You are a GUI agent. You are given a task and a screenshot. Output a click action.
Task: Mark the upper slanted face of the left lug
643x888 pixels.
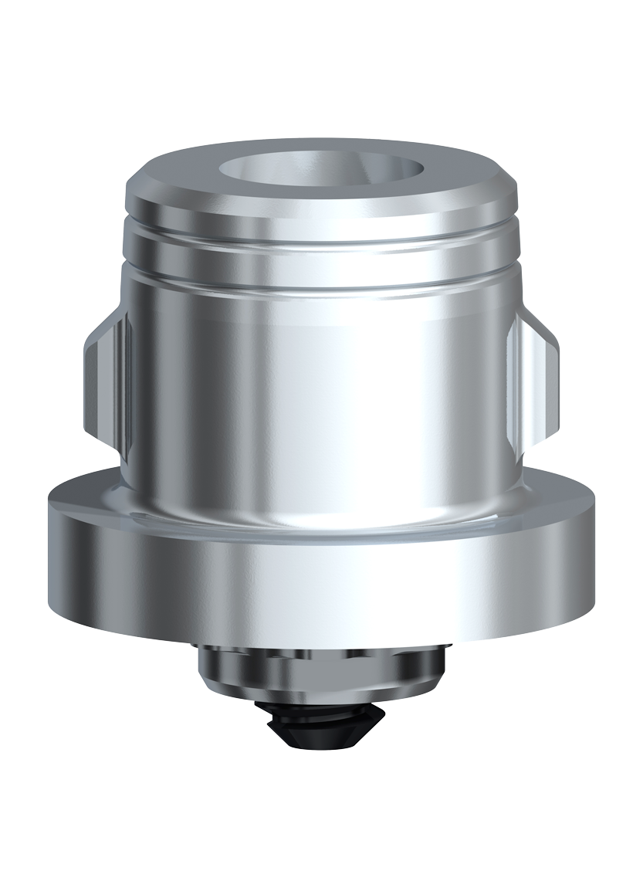pyautogui.click(x=104, y=332)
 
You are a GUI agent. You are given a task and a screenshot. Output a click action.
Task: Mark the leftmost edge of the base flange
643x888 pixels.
pyautogui.click(x=47, y=556)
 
